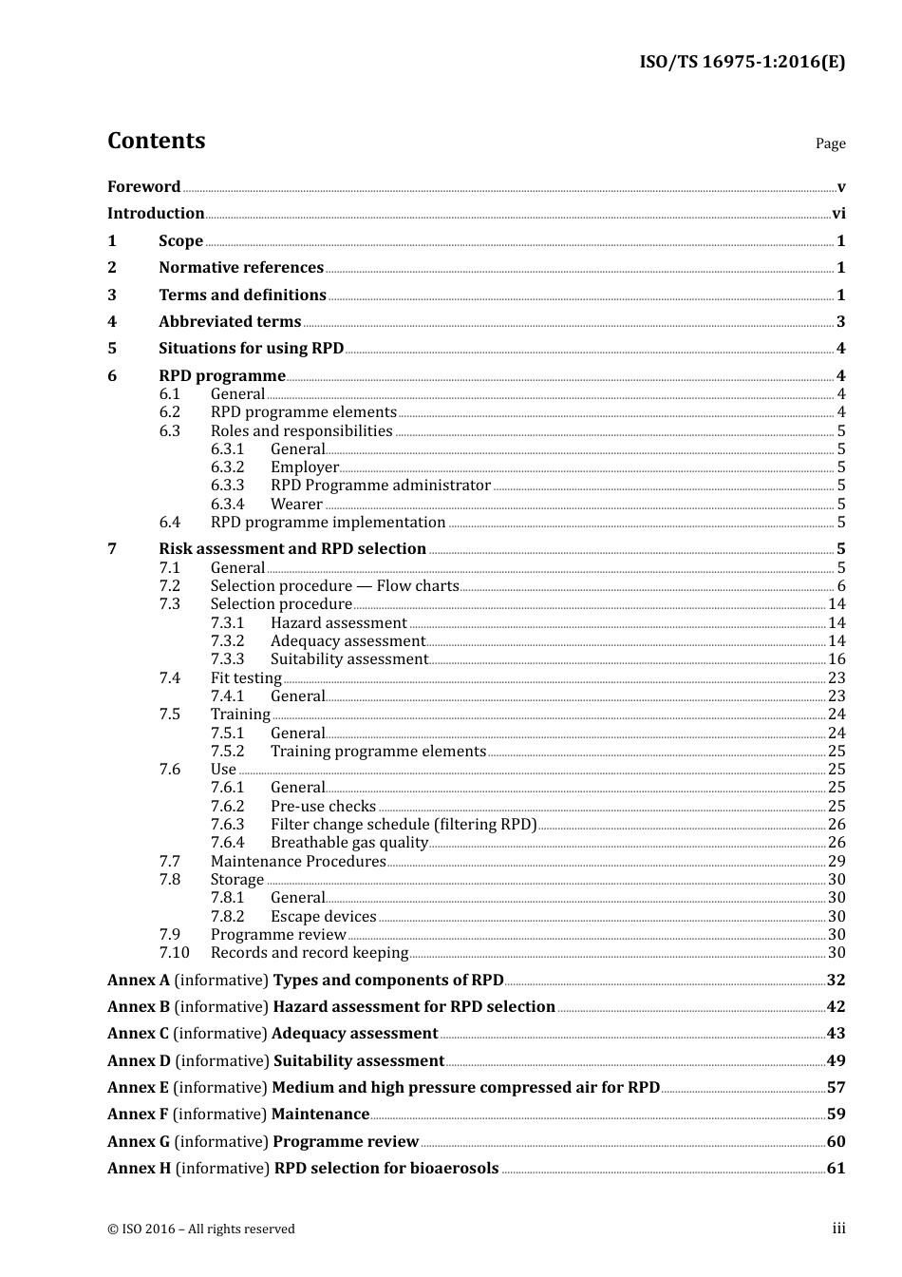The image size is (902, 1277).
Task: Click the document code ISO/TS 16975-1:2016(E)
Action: (742, 63)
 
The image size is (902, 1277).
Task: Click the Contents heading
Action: (156, 141)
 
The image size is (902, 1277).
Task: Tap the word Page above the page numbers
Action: (830, 143)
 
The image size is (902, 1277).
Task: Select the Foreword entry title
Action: (143, 187)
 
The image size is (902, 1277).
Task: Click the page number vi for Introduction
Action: (838, 214)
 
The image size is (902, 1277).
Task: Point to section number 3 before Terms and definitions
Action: (112, 295)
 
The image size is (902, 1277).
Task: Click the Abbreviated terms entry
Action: (230, 322)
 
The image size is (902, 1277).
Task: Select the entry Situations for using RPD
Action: (251, 349)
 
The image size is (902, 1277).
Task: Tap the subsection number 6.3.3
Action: (227, 486)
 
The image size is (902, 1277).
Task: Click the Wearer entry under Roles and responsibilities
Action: (296, 505)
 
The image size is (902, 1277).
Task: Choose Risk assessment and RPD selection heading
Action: (291, 549)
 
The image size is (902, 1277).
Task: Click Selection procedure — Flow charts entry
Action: (334, 586)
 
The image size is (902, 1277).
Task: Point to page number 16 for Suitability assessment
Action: (836, 659)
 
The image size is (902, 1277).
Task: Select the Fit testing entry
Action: (246, 678)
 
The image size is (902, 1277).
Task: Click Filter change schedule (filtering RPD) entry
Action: (404, 825)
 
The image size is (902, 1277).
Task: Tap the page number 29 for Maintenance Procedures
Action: (836, 862)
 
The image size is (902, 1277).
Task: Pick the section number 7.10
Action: (174, 953)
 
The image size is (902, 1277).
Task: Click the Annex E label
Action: (138, 1088)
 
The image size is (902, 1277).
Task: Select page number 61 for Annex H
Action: (836, 1169)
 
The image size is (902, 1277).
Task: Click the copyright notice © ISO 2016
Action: (200, 1229)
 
